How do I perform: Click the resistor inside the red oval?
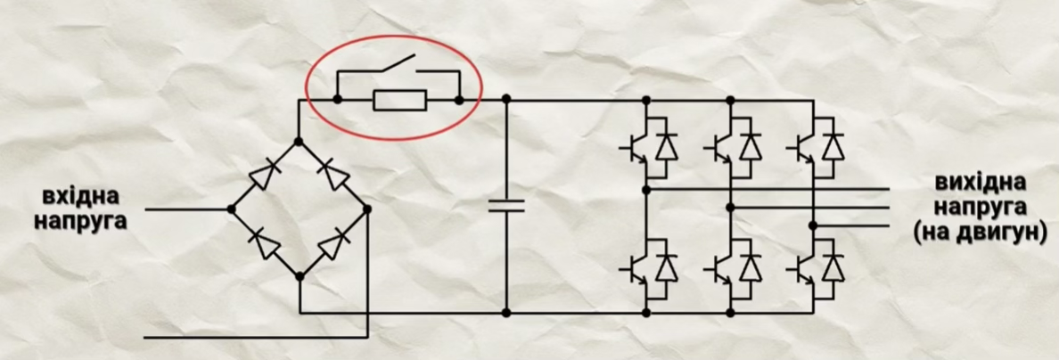(x=399, y=101)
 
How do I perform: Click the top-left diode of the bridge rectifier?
(x=263, y=175)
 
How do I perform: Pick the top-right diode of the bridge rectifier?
(x=333, y=175)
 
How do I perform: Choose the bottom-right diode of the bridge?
(x=334, y=243)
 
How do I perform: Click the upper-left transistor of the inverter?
(x=636, y=146)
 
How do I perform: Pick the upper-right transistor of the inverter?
(x=804, y=146)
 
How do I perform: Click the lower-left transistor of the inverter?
(x=636, y=266)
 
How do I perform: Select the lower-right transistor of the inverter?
(x=804, y=266)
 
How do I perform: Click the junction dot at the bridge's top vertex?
(x=299, y=141)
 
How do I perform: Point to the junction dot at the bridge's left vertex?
(x=231, y=209)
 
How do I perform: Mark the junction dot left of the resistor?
(x=337, y=101)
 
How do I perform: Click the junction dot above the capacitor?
(x=505, y=101)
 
